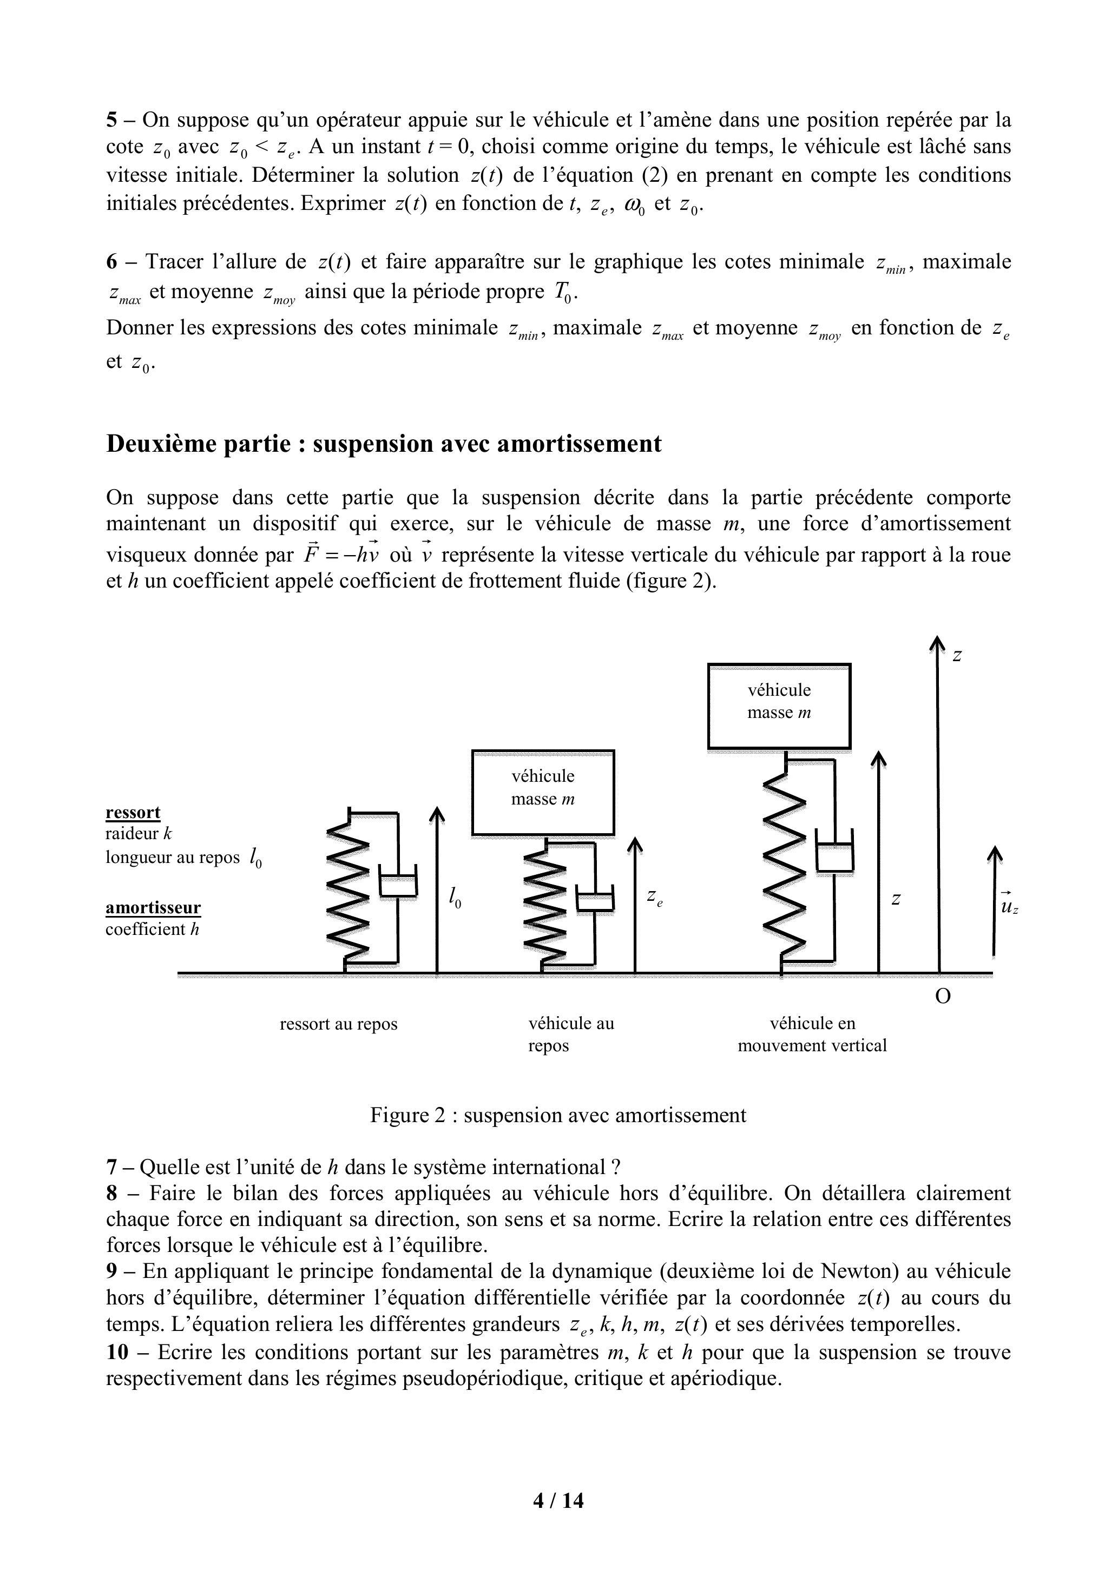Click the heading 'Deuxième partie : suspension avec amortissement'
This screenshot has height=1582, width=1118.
383,444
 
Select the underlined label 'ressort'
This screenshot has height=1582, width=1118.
133,812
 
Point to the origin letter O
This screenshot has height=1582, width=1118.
942,997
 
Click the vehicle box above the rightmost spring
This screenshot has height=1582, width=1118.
779,706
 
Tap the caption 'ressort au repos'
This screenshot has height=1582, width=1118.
338,1024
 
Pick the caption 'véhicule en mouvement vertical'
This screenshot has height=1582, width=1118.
811,1035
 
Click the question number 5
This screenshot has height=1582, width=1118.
111,121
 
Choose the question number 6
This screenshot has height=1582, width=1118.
111,262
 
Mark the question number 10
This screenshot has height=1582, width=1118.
117,1352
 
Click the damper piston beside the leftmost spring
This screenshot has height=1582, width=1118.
398,885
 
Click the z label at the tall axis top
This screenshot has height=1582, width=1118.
957,655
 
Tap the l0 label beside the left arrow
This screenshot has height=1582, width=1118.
454,897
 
